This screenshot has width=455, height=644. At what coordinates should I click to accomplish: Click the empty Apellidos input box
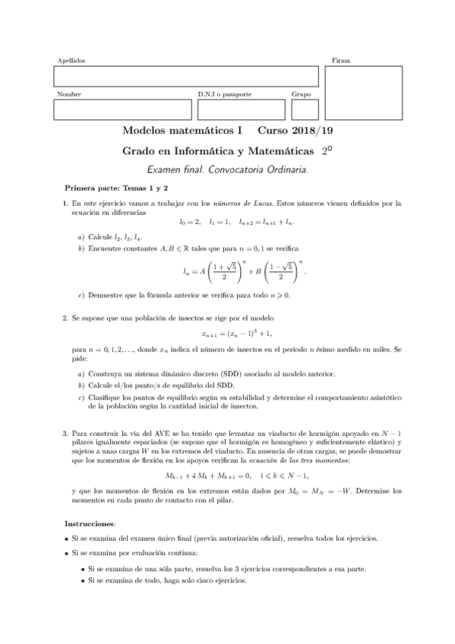[x=185, y=77]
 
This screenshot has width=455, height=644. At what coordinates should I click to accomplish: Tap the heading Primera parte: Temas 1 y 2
[x=116, y=187]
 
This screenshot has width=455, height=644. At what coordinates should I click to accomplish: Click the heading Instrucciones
[x=90, y=523]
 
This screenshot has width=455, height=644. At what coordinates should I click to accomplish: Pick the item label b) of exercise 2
[x=81, y=385]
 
